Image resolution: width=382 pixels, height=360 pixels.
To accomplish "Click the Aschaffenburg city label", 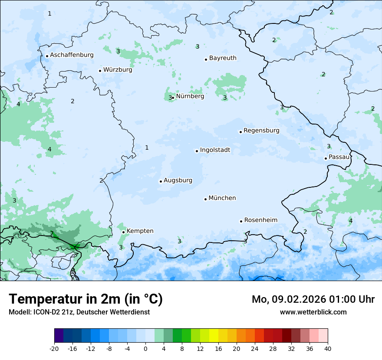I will (x=72, y=55).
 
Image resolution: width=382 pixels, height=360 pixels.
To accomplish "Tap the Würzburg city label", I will (x=118, y=70).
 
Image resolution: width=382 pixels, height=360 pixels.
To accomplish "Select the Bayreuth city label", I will (x=223, y=58).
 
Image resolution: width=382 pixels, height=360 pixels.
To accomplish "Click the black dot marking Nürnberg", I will (x=173, y=98).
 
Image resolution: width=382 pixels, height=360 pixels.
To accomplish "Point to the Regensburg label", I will (x=261, y=131).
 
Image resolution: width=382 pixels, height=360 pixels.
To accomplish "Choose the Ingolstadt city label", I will (x=215, y=150).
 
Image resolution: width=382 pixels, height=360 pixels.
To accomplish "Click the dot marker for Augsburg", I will (x=161, y=181).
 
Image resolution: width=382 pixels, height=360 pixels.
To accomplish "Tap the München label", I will (x=222, y=198).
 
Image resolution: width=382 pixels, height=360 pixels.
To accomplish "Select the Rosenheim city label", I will (x=260, y=220).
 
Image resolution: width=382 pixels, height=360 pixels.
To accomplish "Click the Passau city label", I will (x=339, y=157).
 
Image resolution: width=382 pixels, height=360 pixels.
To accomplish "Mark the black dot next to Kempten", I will (x=123, y=232).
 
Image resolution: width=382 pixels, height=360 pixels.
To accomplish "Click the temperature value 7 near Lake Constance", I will (x=52, y=234).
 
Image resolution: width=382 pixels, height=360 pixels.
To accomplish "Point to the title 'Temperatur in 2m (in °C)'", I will (x=86, y=299).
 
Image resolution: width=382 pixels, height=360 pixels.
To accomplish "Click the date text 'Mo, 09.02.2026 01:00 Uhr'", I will (x=313, y=299).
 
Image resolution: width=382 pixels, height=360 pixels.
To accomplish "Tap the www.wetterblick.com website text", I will (x=313, y=312).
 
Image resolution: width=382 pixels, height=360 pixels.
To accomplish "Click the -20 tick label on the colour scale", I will (x=54, y=348).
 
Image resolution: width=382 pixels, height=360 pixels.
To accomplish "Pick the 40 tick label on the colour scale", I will (x=328, y=348).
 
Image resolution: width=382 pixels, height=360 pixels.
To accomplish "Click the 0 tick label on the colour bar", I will (x=145, y=348).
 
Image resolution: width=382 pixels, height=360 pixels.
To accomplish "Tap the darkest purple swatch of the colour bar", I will (x=59, y=336).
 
